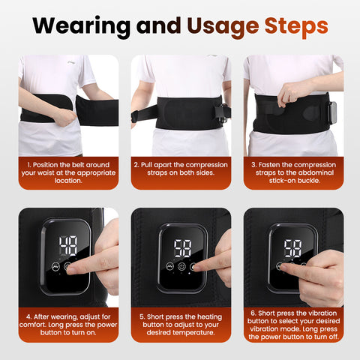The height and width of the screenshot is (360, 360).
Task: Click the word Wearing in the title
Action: pyautogui.click(x=82, y=26)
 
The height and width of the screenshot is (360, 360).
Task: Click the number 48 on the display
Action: pyautogui.click(x=68, y=246)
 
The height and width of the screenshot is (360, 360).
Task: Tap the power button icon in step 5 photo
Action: pyautogui.click(x=181, y=266)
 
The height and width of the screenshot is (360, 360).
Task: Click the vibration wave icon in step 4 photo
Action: pyautogui.click(x=55, y=266)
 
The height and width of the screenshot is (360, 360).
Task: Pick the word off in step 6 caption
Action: pyautogui.click(x=334, y=337)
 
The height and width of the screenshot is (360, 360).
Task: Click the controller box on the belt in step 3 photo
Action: pyautogui.click(x=332, y=112)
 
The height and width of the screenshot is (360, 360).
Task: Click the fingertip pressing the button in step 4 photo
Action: pyautogui.click(x=72, y=270)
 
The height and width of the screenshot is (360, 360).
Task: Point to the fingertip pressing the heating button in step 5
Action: pyautogui.click(x=196, y=268)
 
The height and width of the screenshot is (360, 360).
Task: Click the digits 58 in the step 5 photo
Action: pyautogui.click(x=183, y=248)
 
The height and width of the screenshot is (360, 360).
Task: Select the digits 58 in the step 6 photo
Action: pyautogui.click(x=292, y=248)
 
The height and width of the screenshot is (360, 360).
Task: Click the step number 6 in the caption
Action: pyautogui.click(x=253, y=313)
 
